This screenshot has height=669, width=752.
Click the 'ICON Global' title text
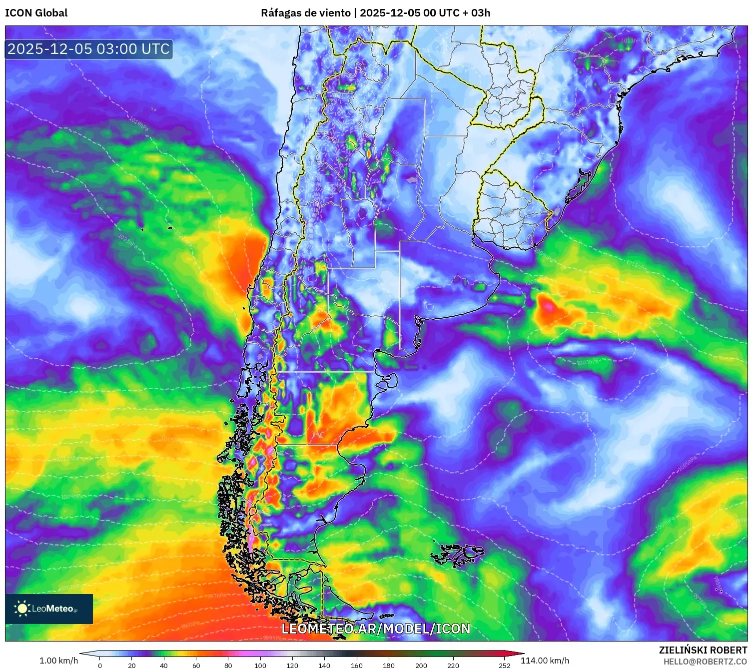[x=36, y=13]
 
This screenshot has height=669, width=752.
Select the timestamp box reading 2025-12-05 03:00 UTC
[x=89, y=49]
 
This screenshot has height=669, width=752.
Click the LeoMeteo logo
[x=49, y=609]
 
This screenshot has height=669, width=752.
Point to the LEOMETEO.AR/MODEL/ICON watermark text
[x=376, y=629]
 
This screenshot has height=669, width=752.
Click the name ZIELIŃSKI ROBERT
[x=703, y=650]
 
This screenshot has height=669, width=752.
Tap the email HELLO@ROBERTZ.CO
[x=705, y=662]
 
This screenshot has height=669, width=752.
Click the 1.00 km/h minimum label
[x=58, y=661]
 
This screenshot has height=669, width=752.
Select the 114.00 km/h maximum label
[x=545, y=661]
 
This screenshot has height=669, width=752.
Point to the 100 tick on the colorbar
[x=260, y=665]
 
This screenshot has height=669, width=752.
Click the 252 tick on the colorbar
[x=505, y=665]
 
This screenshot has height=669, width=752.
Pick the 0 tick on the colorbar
[x=100, y=665]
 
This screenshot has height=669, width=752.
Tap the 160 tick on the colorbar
[x=356, y=665]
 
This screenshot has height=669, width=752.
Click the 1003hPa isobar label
[x=587, y=362]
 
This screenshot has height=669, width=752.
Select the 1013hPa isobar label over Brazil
[x=632, y=40]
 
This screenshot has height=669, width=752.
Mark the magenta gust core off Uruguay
[x=548, y=305]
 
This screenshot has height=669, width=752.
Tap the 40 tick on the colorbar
[x=164, y=665]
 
